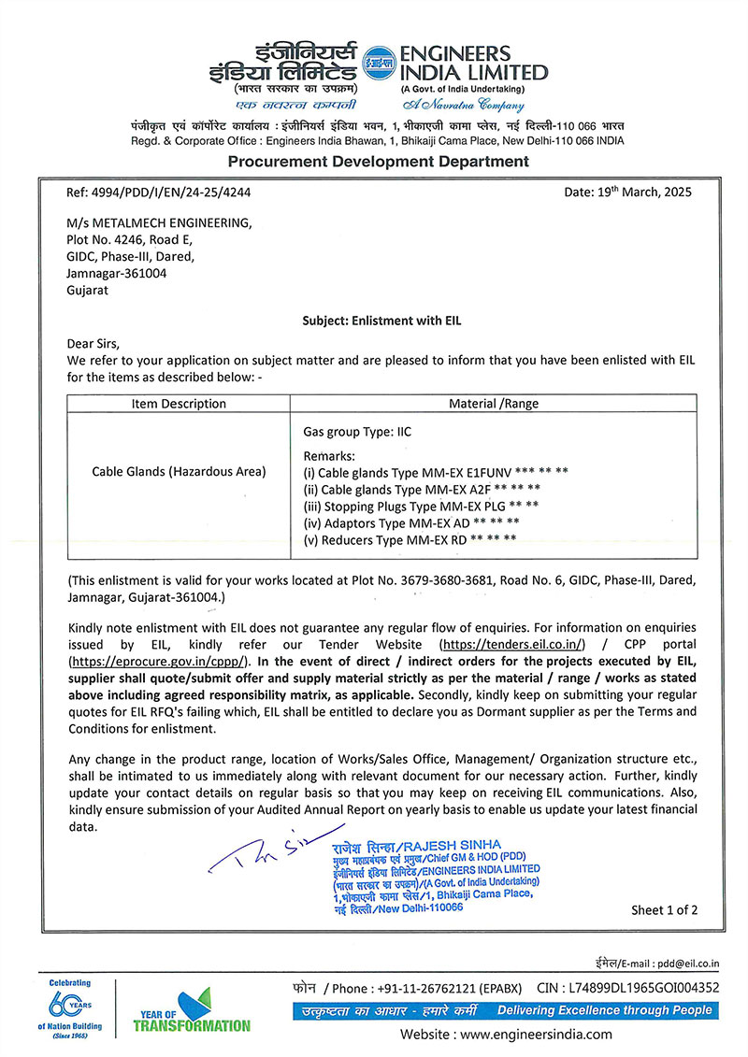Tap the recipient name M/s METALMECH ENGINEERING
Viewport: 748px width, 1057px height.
tap(159, 222)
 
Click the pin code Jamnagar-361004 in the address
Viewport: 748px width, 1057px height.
tap(117, 273)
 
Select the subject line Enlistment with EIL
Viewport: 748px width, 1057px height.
tap(381, 321)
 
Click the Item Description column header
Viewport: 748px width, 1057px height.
tap(179, 404)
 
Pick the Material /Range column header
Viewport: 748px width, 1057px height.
tap(494, 404)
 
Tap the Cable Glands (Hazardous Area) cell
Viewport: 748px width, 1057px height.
tap(179, 472)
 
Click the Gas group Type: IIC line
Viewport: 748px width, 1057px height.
tap(357, 433)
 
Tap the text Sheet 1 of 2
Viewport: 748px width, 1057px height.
tap(664, 909)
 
